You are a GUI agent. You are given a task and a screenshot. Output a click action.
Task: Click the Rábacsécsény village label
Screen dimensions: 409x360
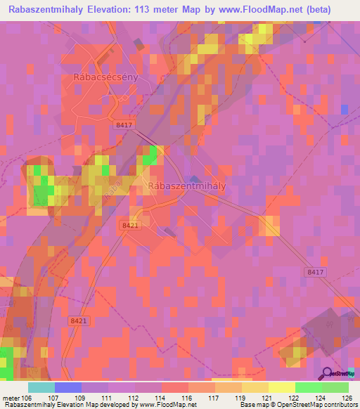[x=105, y=77]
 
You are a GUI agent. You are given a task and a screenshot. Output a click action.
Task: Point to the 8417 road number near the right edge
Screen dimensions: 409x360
[x=316, y=271]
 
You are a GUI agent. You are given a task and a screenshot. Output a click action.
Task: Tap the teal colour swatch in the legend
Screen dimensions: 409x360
[x=41, y=387]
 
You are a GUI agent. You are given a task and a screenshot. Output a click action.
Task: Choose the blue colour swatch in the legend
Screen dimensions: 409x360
[x=67, y=387]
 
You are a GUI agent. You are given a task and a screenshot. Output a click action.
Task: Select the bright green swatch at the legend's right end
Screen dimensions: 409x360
[x=335, y=387]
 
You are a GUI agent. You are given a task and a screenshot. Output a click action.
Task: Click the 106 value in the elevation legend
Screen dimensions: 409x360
[x=27, y=398]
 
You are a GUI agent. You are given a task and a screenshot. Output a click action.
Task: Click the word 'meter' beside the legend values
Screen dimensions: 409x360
[x=11, y=398]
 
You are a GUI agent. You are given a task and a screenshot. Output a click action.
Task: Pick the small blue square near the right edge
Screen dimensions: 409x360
[x=345, y=109]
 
